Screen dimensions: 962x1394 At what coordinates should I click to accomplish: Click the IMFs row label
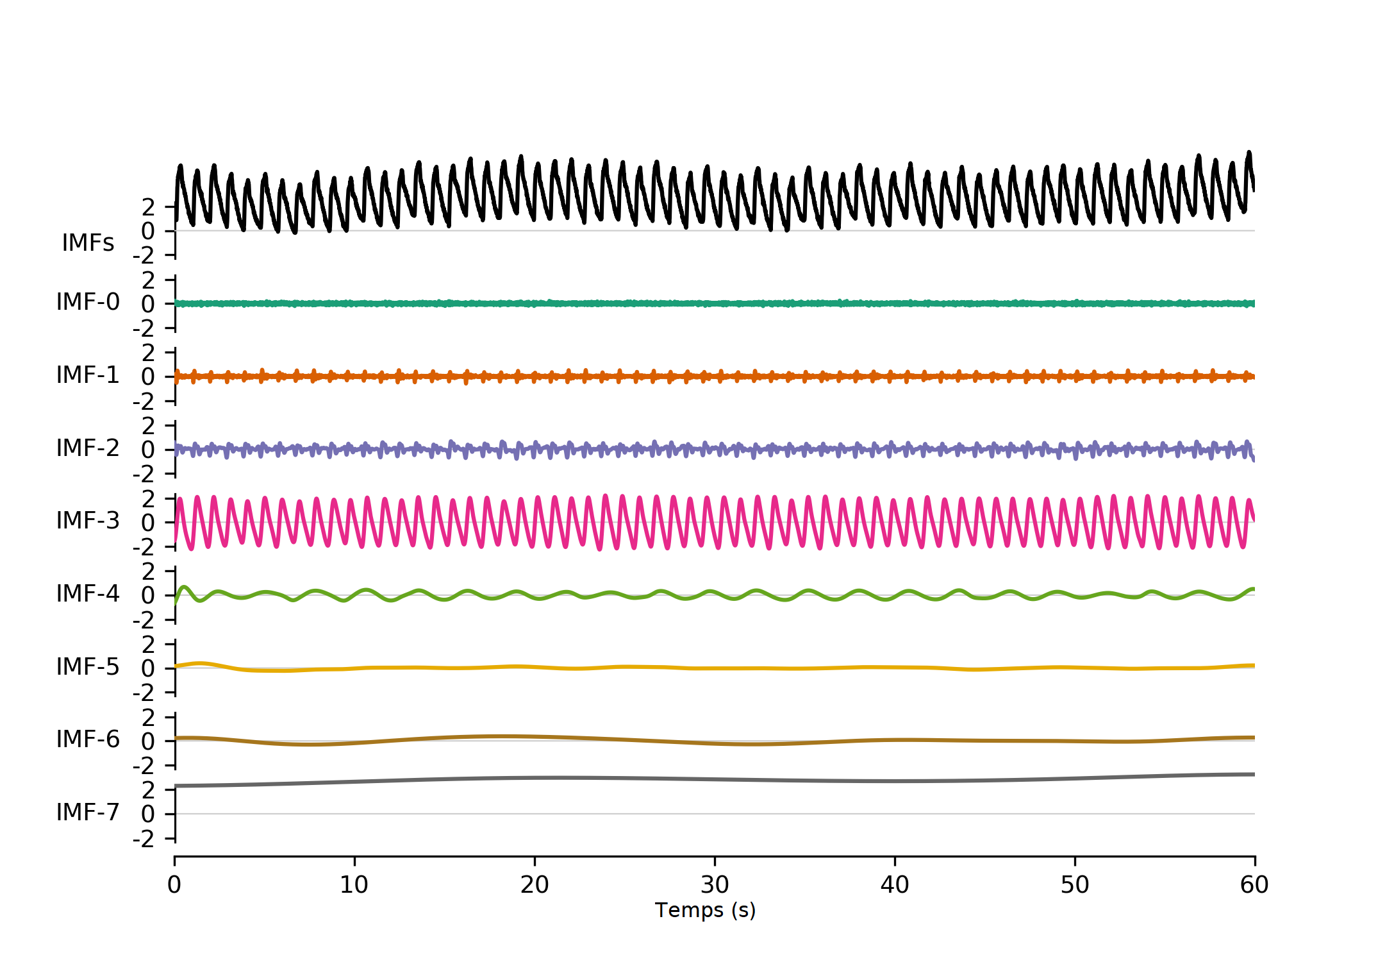(x=88, y=243)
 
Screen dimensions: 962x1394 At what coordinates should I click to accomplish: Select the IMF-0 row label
(x=88, y=301)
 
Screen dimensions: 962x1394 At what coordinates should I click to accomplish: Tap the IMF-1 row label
(x=88, y=375)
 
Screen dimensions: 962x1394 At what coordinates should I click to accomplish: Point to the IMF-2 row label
(x=88, y=448)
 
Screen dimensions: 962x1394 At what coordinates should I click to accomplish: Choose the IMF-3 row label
(x=88, y=520)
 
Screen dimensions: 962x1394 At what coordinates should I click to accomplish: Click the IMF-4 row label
(x=88, y=593)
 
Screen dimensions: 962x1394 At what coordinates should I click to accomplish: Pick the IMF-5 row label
(x=88, y=666)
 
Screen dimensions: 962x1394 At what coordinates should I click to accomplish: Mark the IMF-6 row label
(x=88, y=739)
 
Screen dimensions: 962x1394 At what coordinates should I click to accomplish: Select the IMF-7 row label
(x=88, y=812)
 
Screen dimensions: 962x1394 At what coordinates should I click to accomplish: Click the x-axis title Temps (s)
(x=705, y=910)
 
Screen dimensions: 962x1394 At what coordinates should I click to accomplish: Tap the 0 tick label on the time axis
(x=174, y=885)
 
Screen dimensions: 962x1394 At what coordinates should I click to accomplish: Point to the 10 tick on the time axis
(x=354, y=885)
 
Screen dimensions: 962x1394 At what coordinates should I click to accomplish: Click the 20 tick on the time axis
(x=535, y=885)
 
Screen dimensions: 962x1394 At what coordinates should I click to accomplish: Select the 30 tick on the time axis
(x=715, y=885)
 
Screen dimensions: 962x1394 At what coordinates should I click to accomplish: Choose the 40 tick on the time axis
(x=895, y=885)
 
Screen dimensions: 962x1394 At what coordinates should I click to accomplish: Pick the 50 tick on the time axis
(x=1075, y=885)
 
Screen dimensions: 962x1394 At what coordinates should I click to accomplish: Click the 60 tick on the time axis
(x=1254, y=885)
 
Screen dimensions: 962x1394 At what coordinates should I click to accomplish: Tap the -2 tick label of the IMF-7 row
(x=144, y=839)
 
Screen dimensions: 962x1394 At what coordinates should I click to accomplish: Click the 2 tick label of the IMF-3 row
(x=148, y=498)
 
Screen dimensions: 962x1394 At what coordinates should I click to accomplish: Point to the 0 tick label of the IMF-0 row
(x=148, y=305)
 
